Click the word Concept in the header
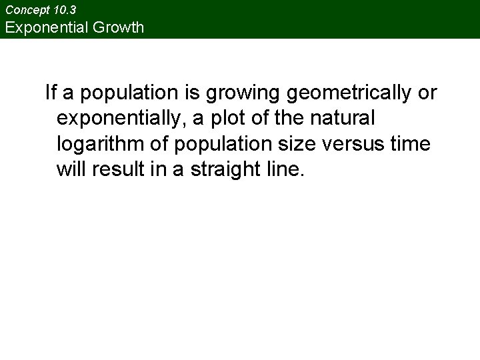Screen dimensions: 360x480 click(26, 11)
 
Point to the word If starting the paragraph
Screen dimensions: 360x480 click(50, 93)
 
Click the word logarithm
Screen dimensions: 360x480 click(97, 145)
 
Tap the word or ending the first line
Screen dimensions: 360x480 click(427, 93)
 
